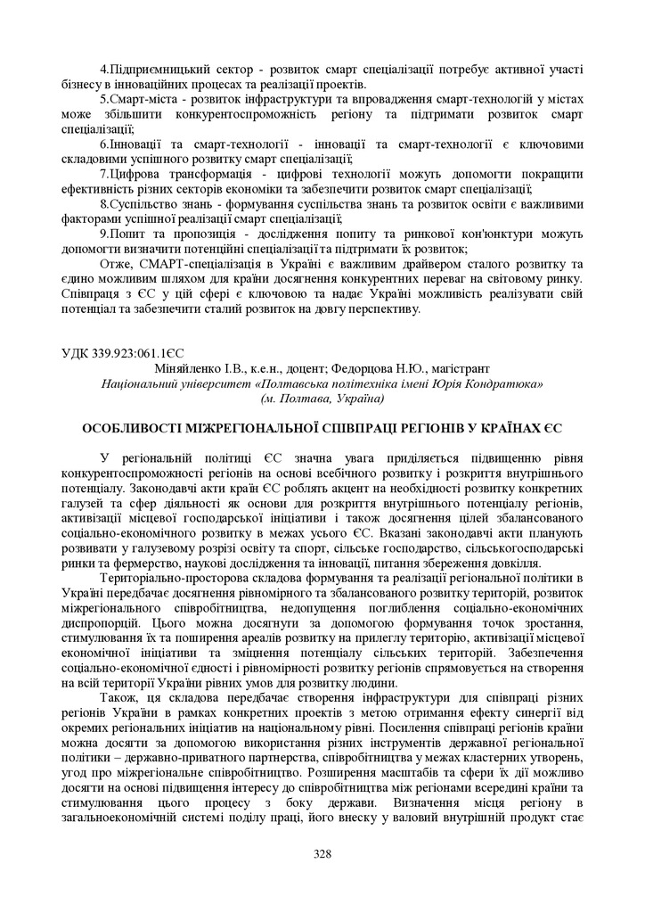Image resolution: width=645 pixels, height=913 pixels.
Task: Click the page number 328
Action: tap(322, 853)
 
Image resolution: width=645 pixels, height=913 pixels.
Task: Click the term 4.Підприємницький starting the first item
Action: tap(158, 69)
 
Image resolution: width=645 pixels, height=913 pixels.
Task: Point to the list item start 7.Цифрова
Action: tap(133, 174)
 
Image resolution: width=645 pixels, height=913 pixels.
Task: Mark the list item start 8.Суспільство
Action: tap(143, 203)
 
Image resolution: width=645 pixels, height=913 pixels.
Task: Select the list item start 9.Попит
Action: tap(126, 234)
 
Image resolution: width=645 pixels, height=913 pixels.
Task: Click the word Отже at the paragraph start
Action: tap(116, 264)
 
